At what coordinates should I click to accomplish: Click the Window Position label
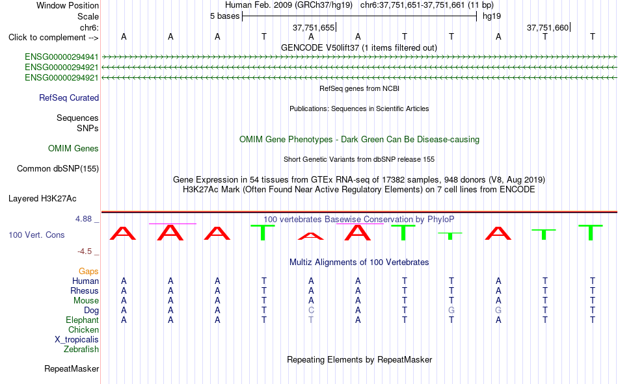68,5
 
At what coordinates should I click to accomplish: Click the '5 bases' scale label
224,16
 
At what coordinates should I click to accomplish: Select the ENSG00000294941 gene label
62,57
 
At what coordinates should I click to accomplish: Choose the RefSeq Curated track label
69,97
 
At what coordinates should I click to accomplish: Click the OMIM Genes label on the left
74,149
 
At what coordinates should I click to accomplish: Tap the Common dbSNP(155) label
58,168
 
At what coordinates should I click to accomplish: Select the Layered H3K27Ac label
42,199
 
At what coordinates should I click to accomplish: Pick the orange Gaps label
88,272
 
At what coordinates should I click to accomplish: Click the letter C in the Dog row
311,311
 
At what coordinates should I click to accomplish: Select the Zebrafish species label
81,350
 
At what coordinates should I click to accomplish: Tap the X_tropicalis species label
77,340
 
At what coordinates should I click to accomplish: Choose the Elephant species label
82,320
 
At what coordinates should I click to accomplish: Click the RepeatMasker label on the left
72,369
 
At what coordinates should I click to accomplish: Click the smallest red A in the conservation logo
311,237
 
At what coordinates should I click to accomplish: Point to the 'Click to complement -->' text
53,38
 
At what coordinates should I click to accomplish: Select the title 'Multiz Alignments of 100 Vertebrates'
359,262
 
